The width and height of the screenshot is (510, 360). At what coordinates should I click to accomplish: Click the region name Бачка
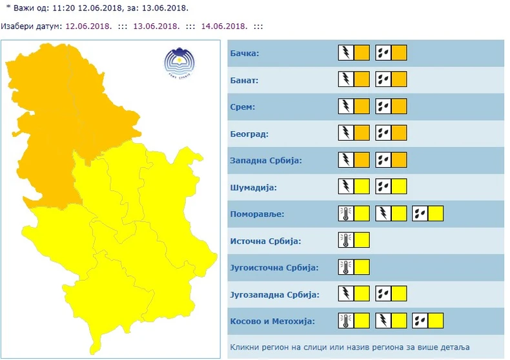(x=245, y=53)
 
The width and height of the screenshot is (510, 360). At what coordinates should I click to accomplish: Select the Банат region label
(x=244, y=80)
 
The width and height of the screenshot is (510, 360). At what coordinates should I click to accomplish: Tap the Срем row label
(x=243, y=106)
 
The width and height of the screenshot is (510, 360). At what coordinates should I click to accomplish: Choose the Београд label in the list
(x=249, y=134)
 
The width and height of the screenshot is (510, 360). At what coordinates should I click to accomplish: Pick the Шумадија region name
(x=253, y=187)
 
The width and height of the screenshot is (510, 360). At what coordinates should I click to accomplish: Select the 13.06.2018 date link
(x=156, y=26)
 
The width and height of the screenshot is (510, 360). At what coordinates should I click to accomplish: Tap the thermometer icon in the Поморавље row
(x=346, y=214)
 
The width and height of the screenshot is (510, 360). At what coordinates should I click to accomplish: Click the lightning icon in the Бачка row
(x=346, y=53)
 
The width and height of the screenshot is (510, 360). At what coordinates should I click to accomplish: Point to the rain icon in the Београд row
(x=383, y=134)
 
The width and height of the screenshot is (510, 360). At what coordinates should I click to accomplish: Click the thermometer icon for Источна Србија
(x=346, y=241)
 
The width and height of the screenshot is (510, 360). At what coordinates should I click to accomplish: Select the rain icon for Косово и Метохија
(x=421, y=321)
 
